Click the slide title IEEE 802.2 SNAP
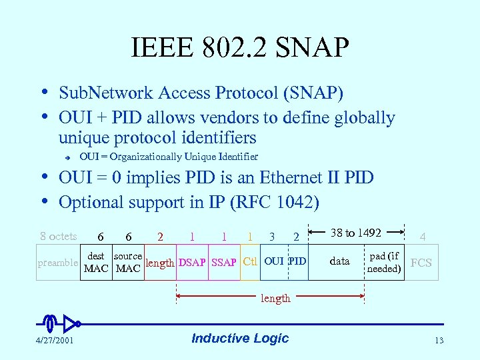240,48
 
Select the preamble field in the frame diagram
57,263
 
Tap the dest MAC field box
96,262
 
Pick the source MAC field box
128,262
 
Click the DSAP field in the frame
192,263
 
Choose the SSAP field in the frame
224,263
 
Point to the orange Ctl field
250,261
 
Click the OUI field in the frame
273,261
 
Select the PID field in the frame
297,261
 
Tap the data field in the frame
339,261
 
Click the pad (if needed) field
385,262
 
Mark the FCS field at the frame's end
421,262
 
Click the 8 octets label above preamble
58,236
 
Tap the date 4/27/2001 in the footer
55,341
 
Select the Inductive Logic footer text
240,338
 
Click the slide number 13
439,341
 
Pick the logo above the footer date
60,323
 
